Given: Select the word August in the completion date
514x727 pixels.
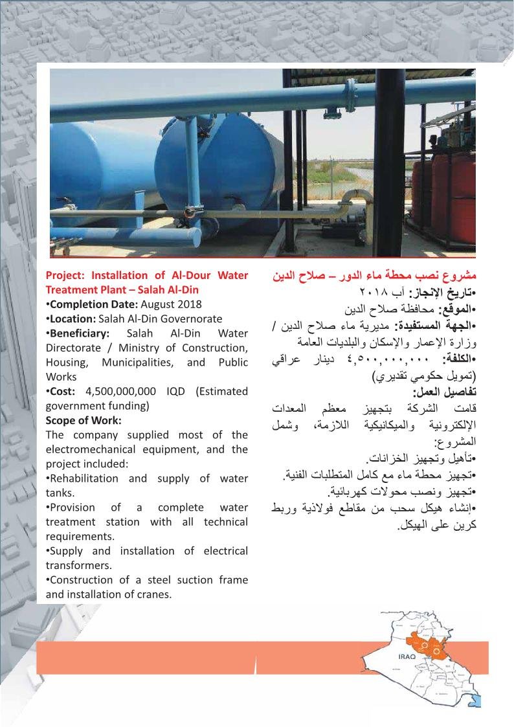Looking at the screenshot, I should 161,304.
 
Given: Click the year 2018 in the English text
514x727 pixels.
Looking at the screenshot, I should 190,304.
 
